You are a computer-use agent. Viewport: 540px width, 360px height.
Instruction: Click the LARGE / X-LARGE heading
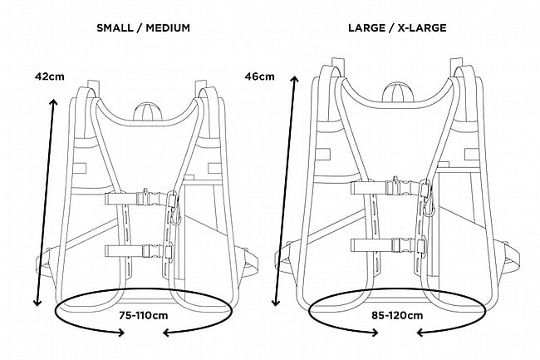[x=398, y=27]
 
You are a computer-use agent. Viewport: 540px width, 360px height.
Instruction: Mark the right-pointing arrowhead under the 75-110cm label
[x=120, y=333]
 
